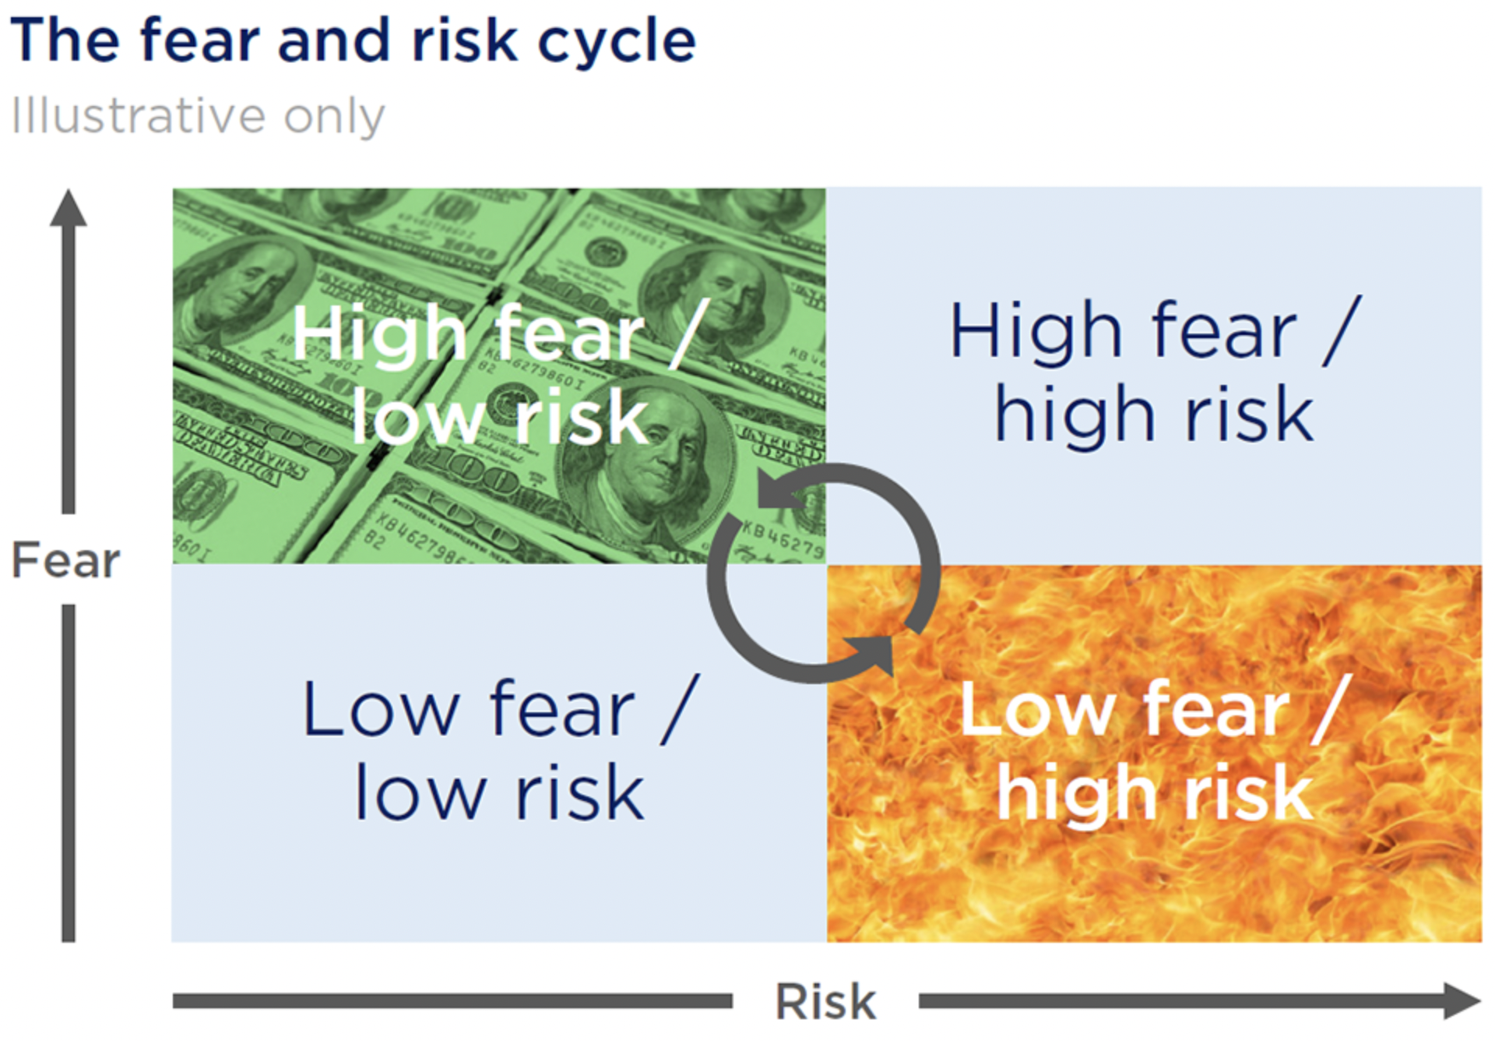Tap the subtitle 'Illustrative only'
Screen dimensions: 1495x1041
tap(198, 116)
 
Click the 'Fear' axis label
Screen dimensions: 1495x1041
tap(66, 560)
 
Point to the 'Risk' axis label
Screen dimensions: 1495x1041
tap(825, 1001)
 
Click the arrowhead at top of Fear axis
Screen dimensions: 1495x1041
tap(69, 208)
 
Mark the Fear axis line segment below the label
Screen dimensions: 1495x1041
tap(69, 774)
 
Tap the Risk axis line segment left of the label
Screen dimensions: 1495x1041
tap(452, 1001)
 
